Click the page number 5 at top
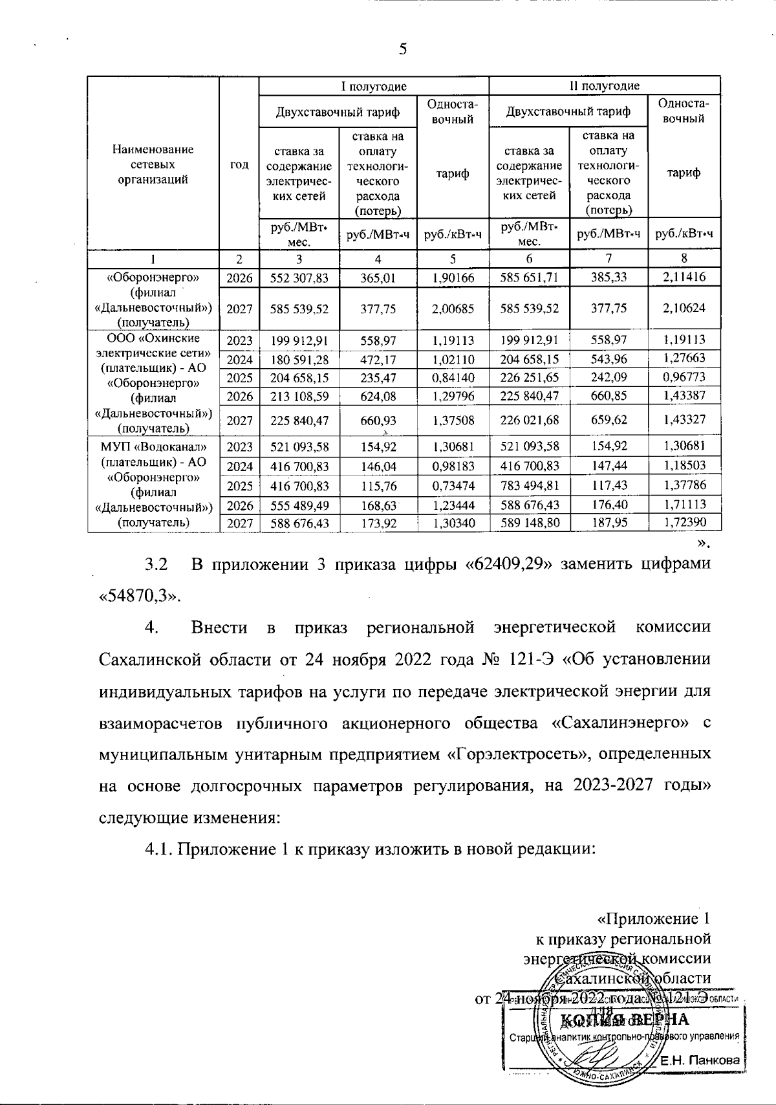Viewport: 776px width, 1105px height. pos(403,49)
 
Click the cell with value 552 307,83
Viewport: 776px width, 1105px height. pos(299,277)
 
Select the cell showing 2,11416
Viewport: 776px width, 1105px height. pos(684,277)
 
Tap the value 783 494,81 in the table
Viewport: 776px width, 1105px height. pos(529,485)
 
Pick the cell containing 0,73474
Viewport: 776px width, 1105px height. pos(452,485)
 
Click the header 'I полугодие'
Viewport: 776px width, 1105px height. pos(374,85)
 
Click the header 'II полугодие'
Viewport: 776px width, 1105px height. pos(604,85)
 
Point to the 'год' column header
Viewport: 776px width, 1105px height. pos(239,165)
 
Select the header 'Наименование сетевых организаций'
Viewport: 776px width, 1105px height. pos(153,165)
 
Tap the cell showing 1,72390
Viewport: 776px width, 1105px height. pos(684,521)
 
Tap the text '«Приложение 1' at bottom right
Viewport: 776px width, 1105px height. pos(654,919)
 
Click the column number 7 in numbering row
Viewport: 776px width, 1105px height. pos(608,258)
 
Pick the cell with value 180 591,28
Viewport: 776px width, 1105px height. pos(299,358)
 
